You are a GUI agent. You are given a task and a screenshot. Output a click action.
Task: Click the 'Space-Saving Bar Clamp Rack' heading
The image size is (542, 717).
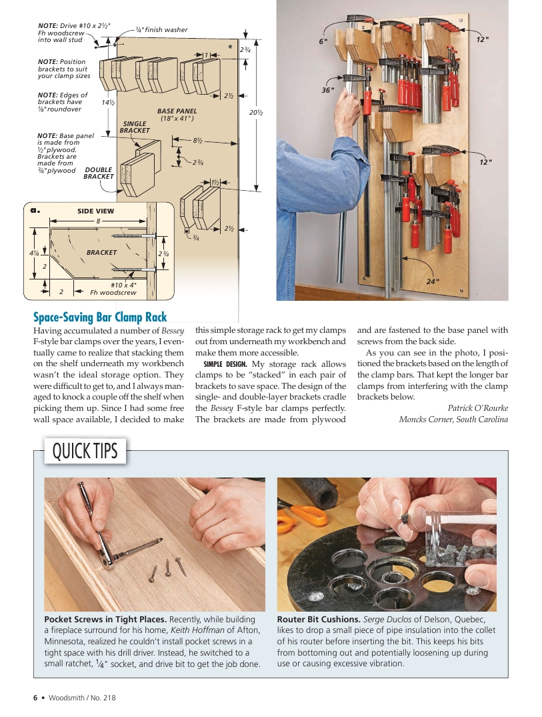coord(100,317)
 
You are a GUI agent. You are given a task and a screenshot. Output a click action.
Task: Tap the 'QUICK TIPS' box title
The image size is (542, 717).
coord(85,452)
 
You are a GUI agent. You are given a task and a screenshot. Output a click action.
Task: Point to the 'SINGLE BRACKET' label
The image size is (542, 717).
coord(135,127)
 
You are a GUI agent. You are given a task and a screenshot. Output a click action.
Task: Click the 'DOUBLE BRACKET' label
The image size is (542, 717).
coord(99,173)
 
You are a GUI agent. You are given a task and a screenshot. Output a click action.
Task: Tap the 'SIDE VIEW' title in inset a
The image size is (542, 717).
coord(95,211)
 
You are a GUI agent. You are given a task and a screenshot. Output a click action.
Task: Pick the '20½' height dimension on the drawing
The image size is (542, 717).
coord(255,113)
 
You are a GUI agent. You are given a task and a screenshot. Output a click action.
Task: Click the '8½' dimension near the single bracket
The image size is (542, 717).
coord(197,141)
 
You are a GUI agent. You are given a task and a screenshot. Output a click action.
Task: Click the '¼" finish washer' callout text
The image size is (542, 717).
coord(161,29)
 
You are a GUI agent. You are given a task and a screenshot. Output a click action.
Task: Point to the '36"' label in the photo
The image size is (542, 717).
coord(327,89)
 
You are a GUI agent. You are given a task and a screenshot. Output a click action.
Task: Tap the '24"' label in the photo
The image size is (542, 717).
coord(433,281)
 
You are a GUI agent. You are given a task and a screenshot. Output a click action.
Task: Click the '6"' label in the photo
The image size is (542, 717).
coord(323,41)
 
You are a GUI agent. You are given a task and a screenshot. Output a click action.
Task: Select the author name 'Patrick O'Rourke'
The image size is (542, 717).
coord(477,408)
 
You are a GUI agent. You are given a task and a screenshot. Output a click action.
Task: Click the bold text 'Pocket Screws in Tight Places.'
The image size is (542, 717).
coord(101,619)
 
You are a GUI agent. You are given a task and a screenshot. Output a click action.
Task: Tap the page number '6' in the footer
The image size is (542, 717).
coord(35,698)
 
